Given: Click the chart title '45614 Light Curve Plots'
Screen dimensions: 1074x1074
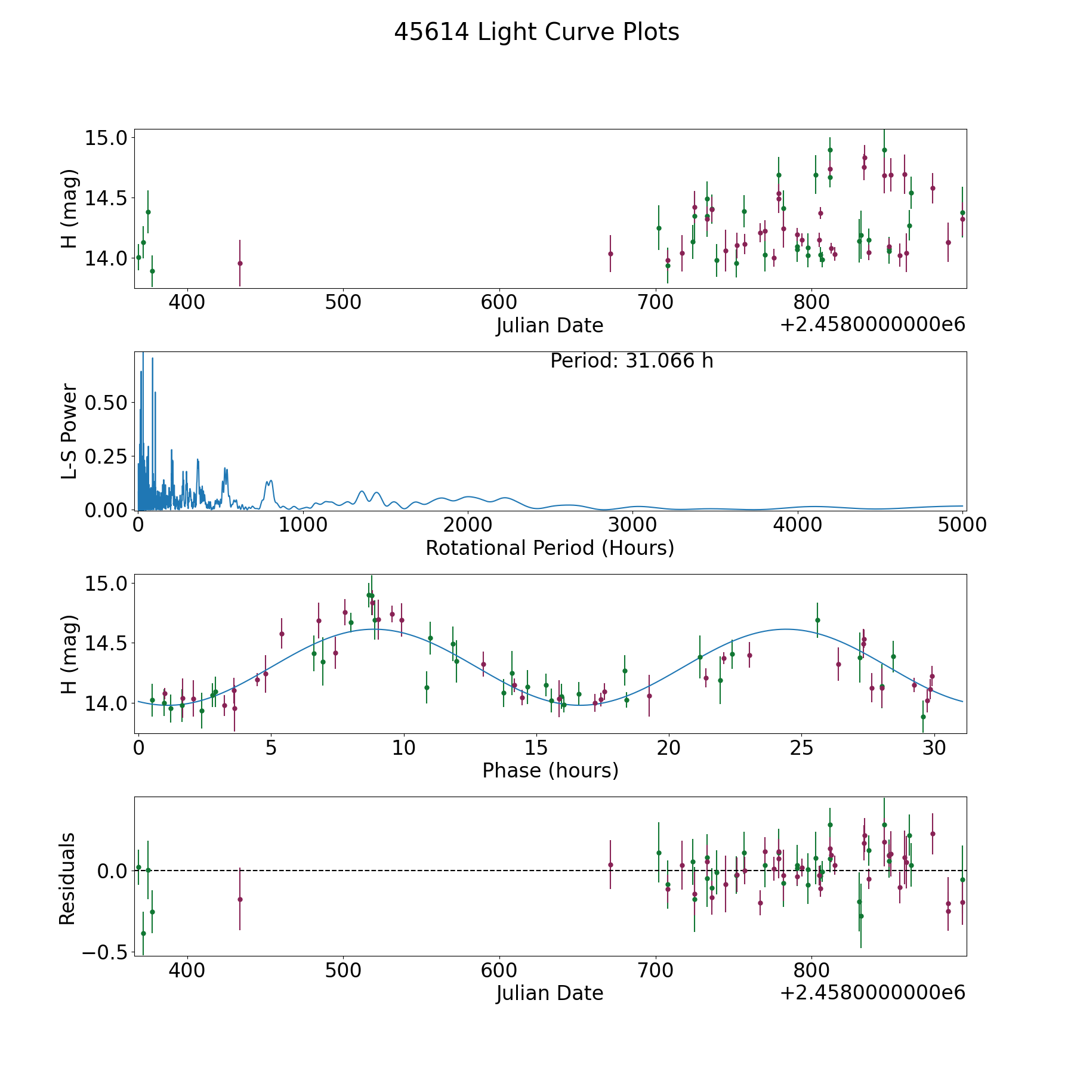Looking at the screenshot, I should click(536, 32).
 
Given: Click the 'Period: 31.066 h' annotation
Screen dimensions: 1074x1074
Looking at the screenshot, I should click(631, 361).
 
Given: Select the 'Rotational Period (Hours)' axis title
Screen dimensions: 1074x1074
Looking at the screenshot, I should click(550, 548).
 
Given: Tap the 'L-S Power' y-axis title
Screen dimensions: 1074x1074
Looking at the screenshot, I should click(69, 431).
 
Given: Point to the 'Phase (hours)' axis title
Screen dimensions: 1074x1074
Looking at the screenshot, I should click(550, 770).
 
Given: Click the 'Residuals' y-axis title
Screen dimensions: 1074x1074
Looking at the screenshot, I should click(67, 878).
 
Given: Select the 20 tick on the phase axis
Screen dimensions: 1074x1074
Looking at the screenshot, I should click(669, 748).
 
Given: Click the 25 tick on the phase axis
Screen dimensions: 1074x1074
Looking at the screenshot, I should click(801, 748).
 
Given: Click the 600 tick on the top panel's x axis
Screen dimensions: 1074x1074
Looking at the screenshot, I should click(499, 303).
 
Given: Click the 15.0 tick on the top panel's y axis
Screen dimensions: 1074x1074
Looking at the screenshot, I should click(106, 138).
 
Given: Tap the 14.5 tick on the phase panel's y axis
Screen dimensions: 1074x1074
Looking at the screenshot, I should click(106, 643).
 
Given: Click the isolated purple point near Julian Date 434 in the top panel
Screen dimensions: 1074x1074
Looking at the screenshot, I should click(240, 263).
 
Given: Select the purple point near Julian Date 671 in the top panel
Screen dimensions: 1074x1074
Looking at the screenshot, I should click(610, 254).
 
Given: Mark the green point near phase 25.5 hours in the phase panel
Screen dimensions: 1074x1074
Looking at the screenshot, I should click(817, 620).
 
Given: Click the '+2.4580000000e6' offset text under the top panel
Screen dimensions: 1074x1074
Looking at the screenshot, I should click(872, 325).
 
